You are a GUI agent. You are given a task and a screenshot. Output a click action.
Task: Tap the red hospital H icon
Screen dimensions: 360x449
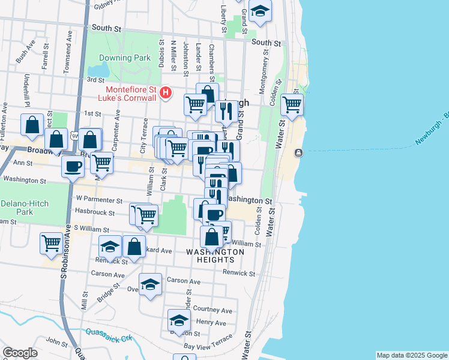tap(167, 93)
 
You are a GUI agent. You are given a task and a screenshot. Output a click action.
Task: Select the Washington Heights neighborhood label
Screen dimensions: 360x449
tap(215, 256)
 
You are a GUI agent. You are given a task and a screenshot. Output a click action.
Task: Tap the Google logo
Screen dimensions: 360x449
tap(20, 353)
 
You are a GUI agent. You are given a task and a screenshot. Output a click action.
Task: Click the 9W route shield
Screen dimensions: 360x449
tap(74, 137)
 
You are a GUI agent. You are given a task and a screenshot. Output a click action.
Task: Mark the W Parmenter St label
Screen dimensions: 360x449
tap(99, 200)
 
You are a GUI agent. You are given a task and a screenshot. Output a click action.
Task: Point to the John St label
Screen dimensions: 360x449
tap(57, 342)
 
